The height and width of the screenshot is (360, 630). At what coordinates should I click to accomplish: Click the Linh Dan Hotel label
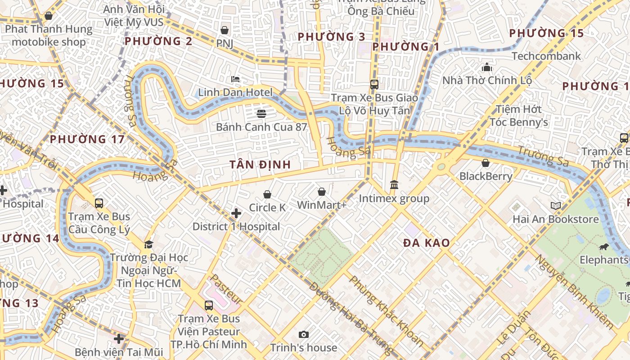[235, 93]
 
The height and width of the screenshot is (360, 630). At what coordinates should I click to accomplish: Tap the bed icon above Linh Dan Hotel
[235, 79]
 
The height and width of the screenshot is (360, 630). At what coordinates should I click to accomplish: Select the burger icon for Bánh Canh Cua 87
[261, 113]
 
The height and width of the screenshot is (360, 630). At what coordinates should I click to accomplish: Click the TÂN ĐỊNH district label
[260, 165]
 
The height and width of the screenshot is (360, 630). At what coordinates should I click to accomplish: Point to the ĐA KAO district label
[426, 243]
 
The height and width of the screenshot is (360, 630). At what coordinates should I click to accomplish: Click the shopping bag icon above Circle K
[267, 194]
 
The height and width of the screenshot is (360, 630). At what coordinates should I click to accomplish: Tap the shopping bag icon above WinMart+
[322, 192]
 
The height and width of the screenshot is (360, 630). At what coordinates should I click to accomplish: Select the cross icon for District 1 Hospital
[236, 213]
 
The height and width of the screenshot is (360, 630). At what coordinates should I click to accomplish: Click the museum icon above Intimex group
[394, 184]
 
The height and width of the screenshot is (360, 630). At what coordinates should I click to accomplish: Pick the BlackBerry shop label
[486, 176]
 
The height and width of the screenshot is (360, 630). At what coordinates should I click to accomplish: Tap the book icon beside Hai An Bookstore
[556, 206]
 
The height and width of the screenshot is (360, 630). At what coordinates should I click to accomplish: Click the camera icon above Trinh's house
[304, 334]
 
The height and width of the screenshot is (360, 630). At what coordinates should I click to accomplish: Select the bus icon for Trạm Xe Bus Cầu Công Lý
[99, 203]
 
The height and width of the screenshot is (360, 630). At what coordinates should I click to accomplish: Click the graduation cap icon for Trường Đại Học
[148, 244]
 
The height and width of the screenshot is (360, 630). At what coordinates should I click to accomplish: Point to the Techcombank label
[546, 56]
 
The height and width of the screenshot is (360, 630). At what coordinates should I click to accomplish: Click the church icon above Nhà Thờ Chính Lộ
[487, 67]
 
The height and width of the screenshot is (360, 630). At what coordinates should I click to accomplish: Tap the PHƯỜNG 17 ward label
[87, 139]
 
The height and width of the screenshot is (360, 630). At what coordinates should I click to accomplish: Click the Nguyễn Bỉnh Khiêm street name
[573, 291]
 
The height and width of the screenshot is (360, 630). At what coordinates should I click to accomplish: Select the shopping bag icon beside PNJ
[224, 30]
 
